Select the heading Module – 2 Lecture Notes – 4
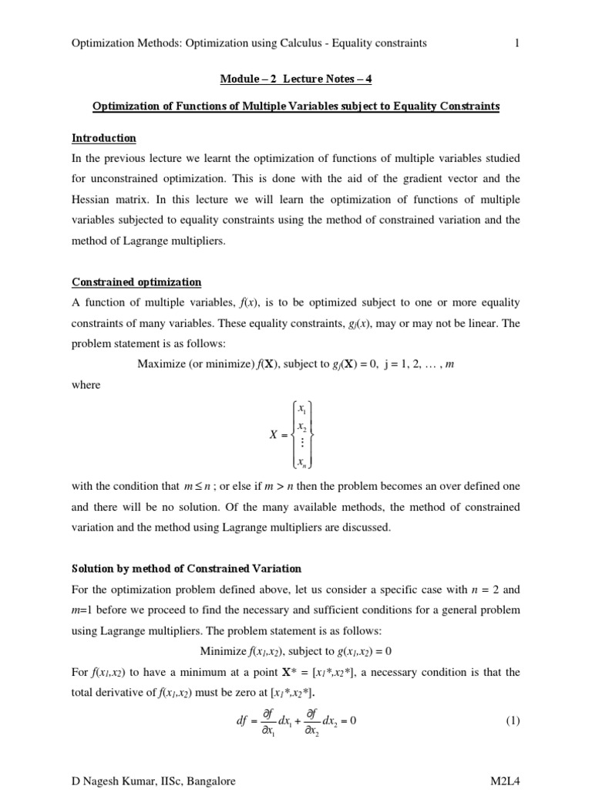point(296,79)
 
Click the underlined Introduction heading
point(104,138)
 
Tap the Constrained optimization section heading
point(136,282)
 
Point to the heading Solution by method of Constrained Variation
point(186,569)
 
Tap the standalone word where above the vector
point(86,385)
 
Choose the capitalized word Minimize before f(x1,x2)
point(224,650)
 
